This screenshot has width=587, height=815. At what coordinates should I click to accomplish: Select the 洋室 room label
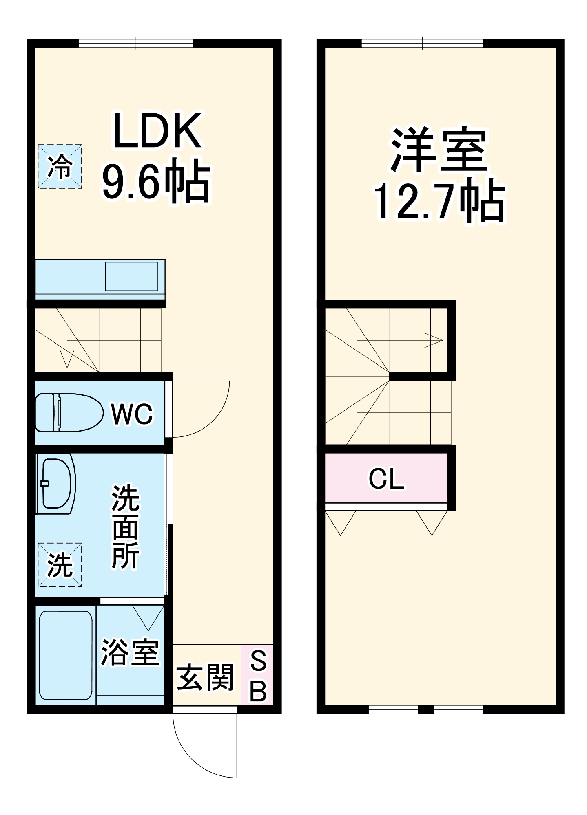pos(439,150)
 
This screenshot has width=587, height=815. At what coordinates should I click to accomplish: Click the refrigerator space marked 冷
pos(60,166)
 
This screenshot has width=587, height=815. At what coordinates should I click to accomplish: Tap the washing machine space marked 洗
pos(60,564)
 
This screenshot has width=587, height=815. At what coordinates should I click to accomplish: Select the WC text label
pos(132,414)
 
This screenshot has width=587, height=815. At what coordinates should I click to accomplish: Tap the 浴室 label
pos(130,652)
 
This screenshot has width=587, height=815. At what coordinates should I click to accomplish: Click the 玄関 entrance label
pos(205,677)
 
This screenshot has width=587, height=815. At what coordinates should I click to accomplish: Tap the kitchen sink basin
pos(131,276)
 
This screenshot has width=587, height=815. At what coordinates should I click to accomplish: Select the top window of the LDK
pos(136,43)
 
